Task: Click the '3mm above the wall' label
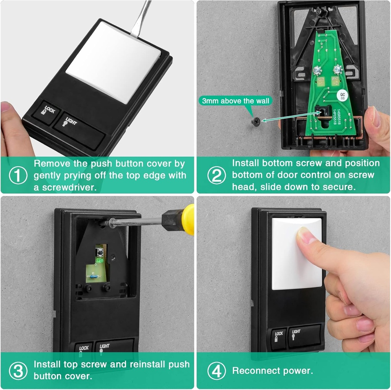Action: click(x=236, y=101)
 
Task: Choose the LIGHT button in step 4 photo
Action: click(x=304, y=334)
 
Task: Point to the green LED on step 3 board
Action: click(x=100, y=261)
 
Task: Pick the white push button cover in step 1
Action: click(x=113, y=61)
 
